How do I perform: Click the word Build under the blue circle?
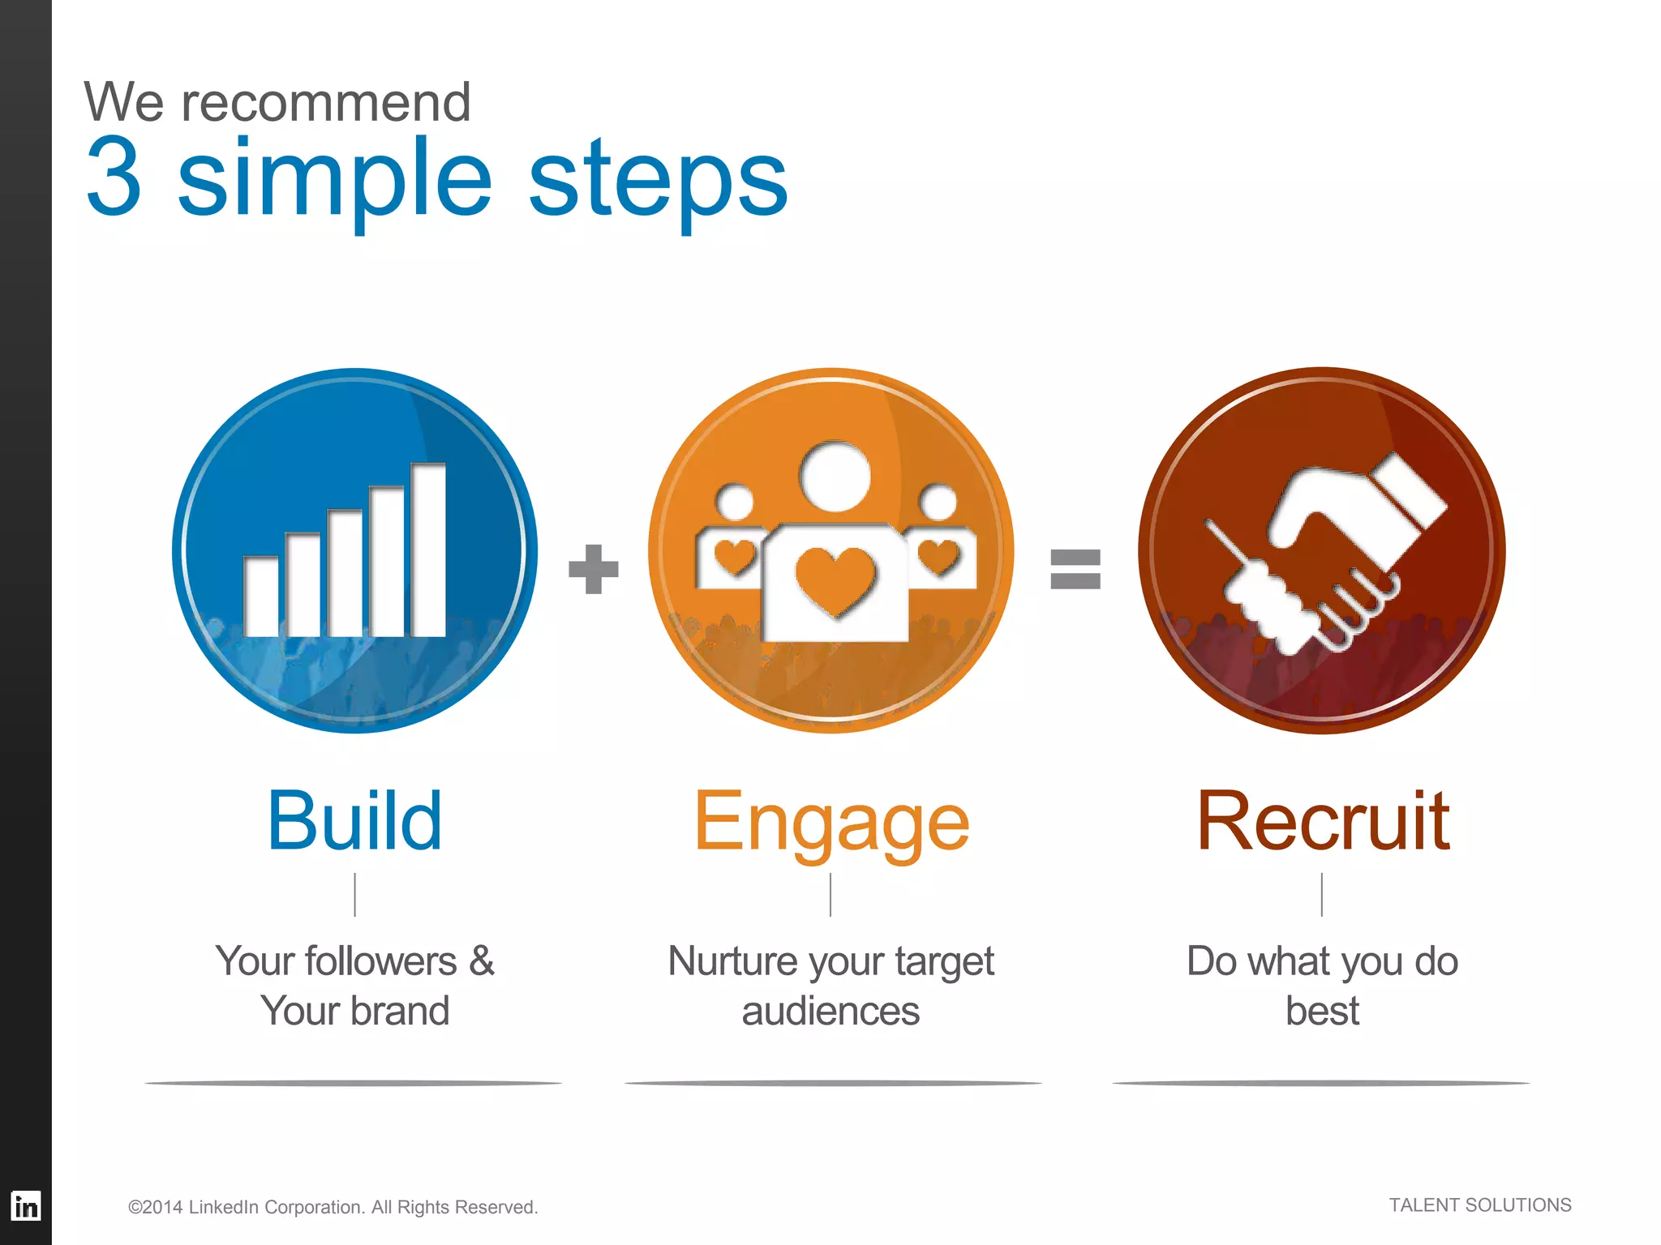tap(354, 822)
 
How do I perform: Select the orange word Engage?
tap(831, 824)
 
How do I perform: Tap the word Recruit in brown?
tap(1323, 822)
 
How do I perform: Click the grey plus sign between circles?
tap(594, 569)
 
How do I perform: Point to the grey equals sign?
tap(1075, 569)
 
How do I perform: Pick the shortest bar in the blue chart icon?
tap(261, 597)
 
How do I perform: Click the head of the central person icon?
tap(835, 477)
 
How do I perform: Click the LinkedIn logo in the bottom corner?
tap(25, 1206)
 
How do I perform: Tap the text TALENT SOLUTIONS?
tap(1479, 1205)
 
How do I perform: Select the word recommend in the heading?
tap(324, 103)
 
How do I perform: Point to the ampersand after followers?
tap(481, 961)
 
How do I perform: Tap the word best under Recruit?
tap(1322, 1011)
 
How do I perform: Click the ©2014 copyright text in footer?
tap(333, 1207)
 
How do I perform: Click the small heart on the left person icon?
tap(735, 557)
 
